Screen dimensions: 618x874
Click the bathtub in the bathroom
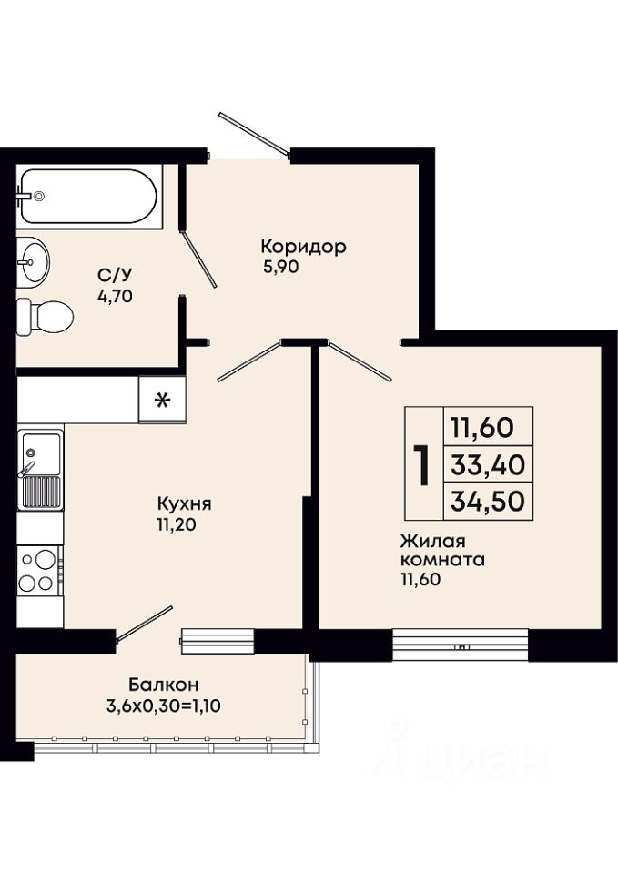(89, 197)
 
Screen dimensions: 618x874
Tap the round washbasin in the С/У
(33, 262)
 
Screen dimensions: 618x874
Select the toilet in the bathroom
(45, 317)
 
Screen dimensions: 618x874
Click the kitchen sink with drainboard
(41, 470)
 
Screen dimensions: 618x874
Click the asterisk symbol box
(162, 399)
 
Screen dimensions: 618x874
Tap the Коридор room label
(304, 247)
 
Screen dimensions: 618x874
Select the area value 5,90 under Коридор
(281, 267)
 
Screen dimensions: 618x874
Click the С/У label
(116, 275)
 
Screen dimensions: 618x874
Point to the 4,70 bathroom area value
(116, 297)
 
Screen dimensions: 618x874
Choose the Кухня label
(185, 503)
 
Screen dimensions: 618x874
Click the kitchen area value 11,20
(177, 524)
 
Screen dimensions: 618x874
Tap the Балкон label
(164, 684)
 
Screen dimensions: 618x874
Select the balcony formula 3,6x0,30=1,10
(164, 706)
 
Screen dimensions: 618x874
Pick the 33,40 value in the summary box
(488, 464)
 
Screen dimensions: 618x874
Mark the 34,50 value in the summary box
(488, 501)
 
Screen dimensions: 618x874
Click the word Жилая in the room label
(432, 541)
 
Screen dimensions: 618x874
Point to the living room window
(461, 645)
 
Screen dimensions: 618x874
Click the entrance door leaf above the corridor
(255, 133)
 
